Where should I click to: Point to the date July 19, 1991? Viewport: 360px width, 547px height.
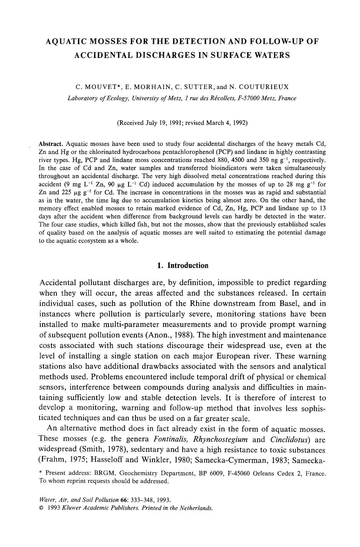158,123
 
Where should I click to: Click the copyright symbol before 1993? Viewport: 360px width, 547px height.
41,508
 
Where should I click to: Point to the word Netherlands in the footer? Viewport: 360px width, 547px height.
197,508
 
